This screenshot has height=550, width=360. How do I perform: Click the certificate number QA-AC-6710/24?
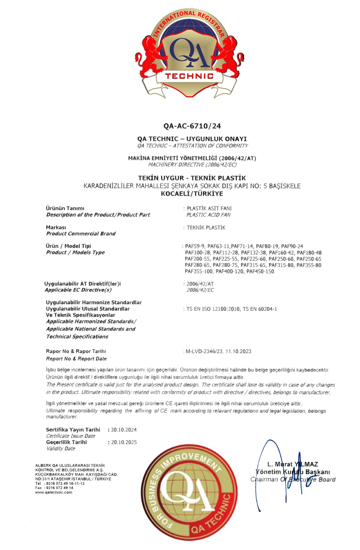(192, 126)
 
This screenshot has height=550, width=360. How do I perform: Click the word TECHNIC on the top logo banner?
(189, 76)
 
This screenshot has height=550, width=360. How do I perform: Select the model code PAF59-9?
(195, 246)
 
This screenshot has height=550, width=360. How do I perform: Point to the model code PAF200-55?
(197, 259)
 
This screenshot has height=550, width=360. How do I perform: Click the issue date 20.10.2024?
(124, 430)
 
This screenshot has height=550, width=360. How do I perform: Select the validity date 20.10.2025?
(124, 442)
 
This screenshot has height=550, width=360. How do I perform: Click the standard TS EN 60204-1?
(260, 309)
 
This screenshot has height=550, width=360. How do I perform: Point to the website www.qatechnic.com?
(54, 492)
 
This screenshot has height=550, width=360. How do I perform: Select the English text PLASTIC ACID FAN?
(208, 215)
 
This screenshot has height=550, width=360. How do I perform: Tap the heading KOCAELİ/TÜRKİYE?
(192, 194)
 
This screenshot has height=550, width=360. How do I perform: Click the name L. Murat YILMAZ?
(292, 464)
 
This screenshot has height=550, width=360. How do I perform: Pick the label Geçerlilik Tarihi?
(66, 442)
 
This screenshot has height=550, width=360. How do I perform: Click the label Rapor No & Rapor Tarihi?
(76, 351)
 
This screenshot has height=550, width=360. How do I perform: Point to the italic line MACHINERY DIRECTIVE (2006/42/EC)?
(192, 165)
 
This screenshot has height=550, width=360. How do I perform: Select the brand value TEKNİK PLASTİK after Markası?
(206, 227)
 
